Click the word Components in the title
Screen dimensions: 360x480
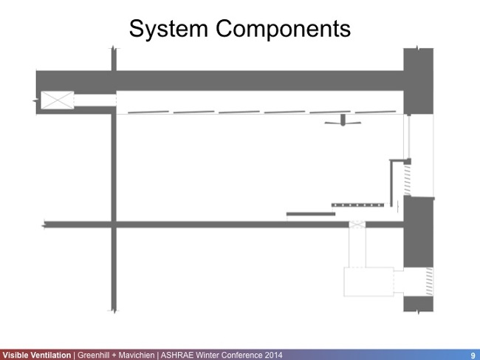[x=284, y=29]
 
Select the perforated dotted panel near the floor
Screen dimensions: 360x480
[x=356, y=204]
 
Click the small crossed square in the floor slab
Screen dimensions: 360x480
[x=357, y=223]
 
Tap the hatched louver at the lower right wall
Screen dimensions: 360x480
[x=428, y=280]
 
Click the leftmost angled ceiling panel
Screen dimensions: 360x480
[x=145, y=112]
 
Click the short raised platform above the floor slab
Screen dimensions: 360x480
[x=311, y=214]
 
